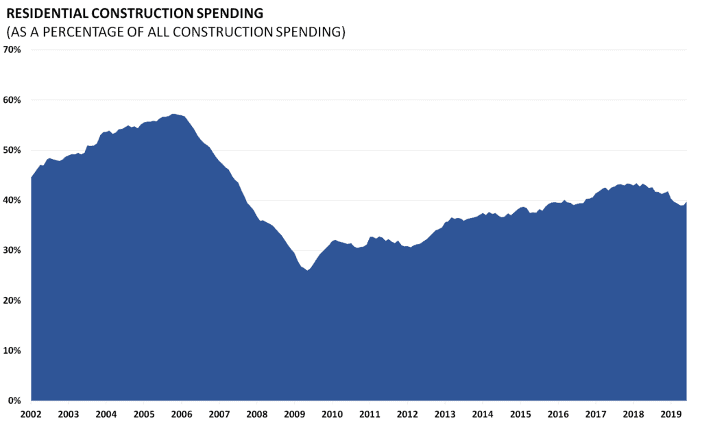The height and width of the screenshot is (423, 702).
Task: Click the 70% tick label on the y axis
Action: coord(13,50)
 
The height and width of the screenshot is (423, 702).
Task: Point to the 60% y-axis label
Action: coord(13,100)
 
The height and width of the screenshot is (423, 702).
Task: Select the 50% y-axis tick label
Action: coord(13,150)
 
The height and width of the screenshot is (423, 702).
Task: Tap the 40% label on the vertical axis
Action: coord(13,200)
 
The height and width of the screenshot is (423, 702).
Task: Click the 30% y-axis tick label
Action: coord(13,250)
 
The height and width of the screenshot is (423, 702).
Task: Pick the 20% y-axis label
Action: coord(13,300)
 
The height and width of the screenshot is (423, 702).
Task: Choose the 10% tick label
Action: coord(13,350)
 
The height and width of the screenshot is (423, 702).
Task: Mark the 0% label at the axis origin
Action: coord(16,400)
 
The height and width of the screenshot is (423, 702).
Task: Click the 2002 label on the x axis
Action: coord(30,414)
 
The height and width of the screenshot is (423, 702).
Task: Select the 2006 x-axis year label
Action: coord(181,414)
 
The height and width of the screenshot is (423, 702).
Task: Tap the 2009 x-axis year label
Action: coord(294,414)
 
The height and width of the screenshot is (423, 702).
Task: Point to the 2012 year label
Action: coord(407,414)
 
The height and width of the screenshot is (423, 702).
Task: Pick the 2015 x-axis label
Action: coord(520,414)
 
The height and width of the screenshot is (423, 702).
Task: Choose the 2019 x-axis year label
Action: coord(671,414)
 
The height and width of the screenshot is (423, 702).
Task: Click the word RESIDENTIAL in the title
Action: coord(48,13)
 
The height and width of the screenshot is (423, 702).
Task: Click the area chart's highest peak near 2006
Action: coord(173,114)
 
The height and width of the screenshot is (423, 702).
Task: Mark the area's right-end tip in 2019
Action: coord(686,202)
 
